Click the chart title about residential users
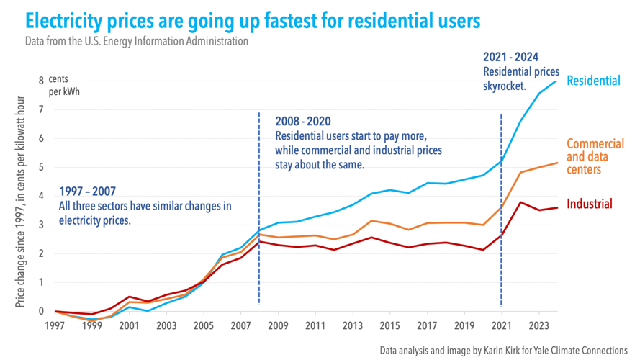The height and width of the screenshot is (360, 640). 253,20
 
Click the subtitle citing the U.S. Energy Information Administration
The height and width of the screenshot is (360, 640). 136,41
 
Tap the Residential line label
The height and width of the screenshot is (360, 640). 592,81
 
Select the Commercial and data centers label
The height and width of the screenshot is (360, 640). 595,157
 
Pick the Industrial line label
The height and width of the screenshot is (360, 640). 590,204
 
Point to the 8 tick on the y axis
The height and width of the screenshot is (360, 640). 41,81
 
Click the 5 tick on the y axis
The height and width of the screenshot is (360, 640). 41,167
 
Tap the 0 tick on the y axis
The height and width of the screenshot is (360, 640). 41,311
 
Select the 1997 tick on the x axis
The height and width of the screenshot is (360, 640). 56,325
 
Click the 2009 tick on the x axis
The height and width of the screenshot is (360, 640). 278,325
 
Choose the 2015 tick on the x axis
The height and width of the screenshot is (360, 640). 389,325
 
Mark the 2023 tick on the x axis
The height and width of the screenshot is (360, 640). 538,325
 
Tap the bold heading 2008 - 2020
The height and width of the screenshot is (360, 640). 303,122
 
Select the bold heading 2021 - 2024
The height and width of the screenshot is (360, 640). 510,58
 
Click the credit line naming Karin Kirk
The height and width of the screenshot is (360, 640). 504,351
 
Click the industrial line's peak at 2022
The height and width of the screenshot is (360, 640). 520,202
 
